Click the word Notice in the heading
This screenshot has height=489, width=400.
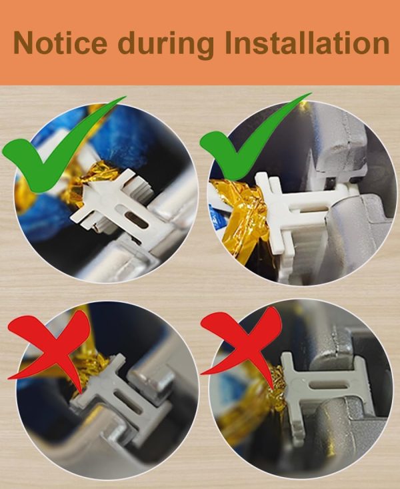point(60,43)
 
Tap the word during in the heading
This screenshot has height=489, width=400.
point(166,45)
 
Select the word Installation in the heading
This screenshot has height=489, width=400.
point(307,43)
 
